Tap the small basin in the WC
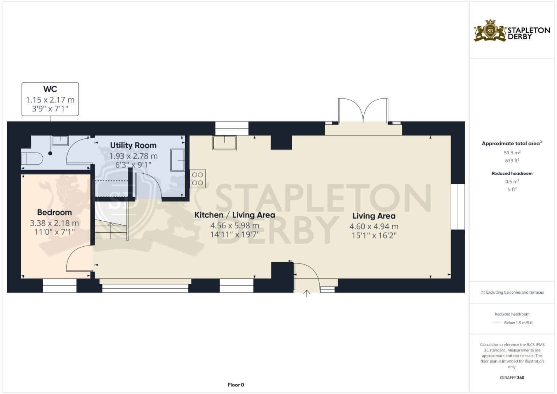60,140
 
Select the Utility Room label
133,145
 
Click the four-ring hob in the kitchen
198,179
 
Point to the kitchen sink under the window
225,142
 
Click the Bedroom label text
54,212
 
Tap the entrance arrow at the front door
306,293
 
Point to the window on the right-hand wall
458,207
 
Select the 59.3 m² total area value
512,152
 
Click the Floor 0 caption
236,385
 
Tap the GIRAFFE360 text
512,378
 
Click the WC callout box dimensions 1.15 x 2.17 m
50,100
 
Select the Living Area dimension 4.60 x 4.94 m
374,226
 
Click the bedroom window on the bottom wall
59,286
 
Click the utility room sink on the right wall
178,160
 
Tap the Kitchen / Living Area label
235,215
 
